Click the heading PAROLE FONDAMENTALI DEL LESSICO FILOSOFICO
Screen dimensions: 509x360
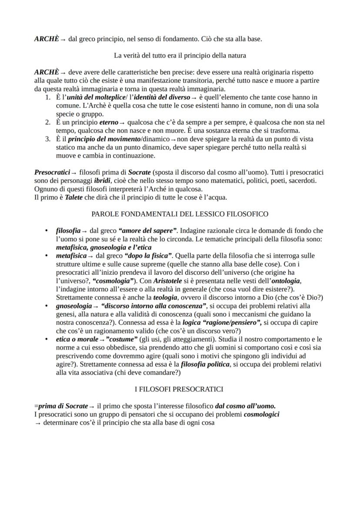coord(180,214)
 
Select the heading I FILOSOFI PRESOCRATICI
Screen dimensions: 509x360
coord(180,389)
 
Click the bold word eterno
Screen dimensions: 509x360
coord(106,123)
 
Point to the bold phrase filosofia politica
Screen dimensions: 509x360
coord(205,364)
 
